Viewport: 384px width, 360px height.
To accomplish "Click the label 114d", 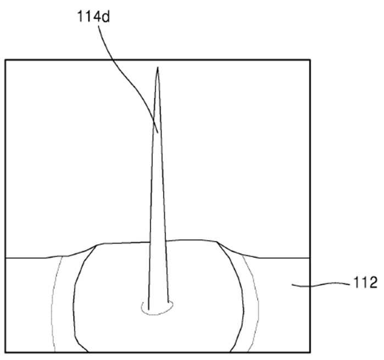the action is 93,16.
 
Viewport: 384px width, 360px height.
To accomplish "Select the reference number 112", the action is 365,283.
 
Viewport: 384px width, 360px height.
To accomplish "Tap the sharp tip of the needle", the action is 158,67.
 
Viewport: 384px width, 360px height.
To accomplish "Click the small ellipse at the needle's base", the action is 157,308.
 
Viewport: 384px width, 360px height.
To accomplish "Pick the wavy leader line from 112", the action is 321,284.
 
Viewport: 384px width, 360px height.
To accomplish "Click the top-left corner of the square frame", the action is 5,60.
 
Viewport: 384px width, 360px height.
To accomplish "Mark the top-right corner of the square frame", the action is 310,60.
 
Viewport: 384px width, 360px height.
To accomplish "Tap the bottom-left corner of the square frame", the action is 5,352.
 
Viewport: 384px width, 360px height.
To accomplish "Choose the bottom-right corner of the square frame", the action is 310,352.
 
